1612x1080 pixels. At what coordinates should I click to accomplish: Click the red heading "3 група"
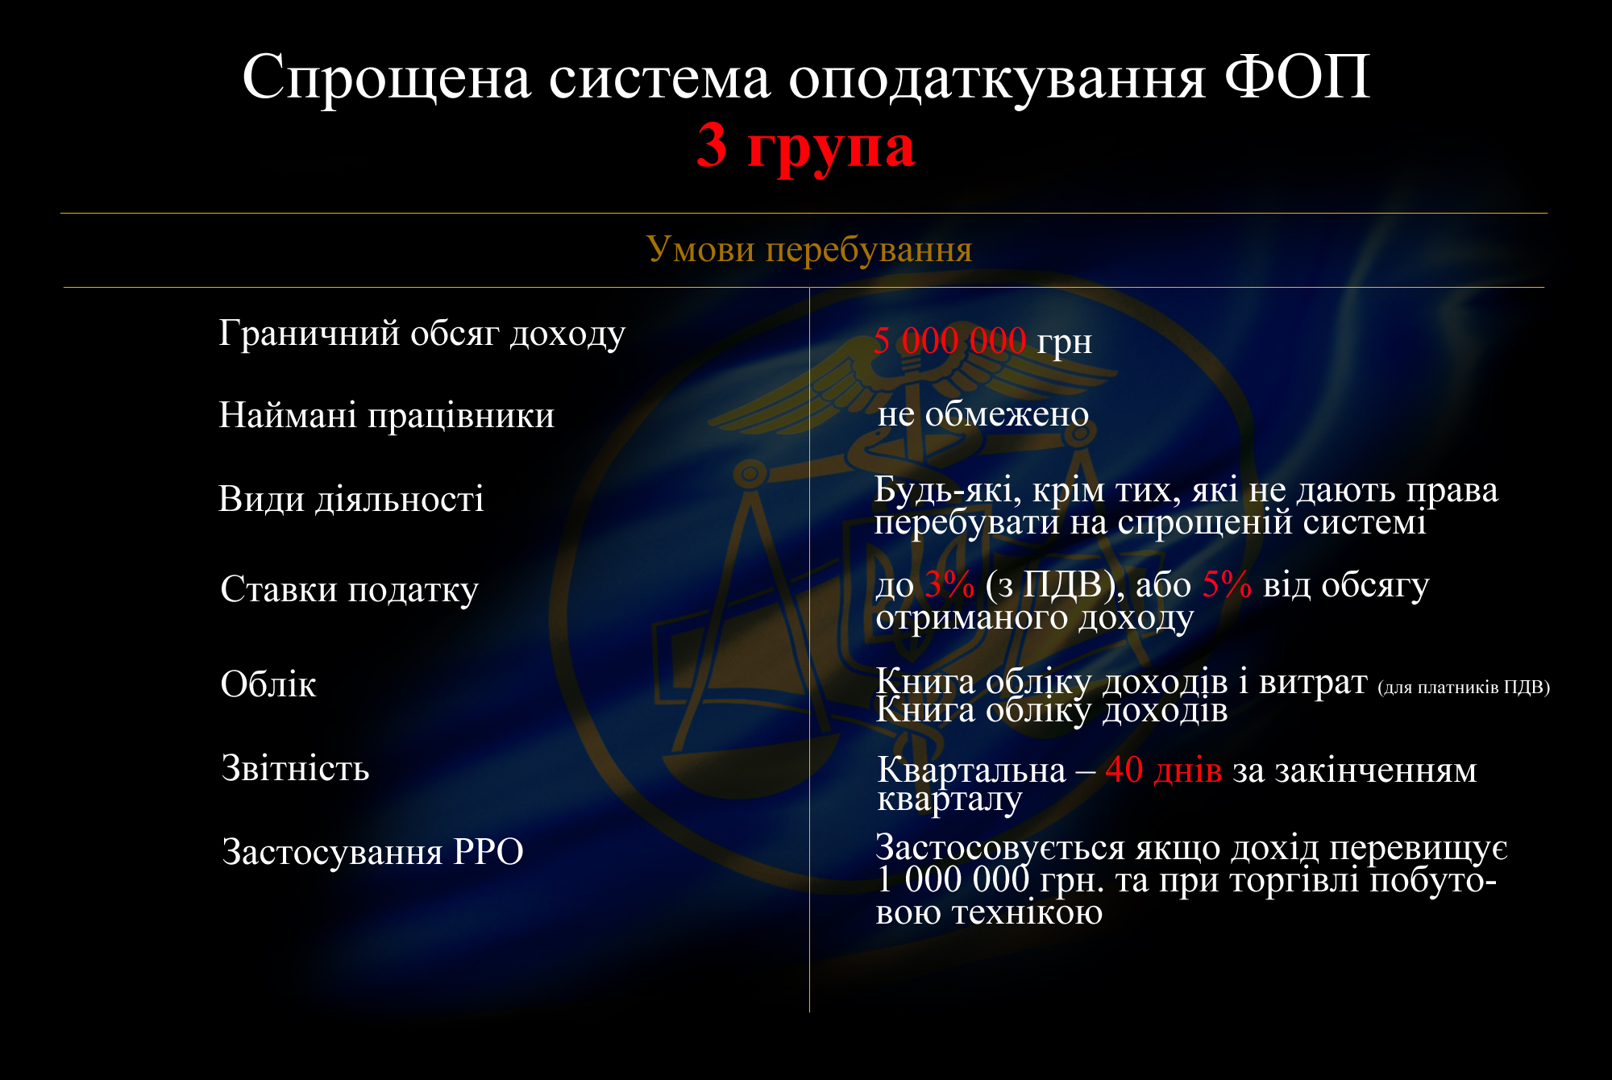806,147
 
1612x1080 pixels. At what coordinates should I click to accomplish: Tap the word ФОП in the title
1297,77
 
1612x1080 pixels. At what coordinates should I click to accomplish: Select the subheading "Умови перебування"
809,249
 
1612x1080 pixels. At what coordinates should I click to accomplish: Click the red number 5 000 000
949,341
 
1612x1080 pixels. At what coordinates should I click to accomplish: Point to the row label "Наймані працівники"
387,416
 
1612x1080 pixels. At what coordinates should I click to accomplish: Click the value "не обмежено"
983,414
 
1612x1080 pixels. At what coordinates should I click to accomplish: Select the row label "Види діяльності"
351,499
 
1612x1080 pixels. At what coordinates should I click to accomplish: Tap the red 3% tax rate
949,584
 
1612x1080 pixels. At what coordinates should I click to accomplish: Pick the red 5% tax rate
1227,584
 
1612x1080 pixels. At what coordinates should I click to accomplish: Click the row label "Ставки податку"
350,590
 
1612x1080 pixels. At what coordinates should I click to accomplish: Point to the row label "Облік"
268,684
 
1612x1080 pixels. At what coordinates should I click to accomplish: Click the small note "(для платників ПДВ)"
1464,687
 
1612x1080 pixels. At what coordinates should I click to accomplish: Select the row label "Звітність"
296,768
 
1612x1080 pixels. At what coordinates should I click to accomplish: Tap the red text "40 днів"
1163,770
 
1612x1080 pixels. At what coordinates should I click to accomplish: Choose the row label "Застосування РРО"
373,852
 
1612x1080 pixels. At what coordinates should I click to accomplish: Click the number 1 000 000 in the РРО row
953,879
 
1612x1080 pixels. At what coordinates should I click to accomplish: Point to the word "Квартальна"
971,771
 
